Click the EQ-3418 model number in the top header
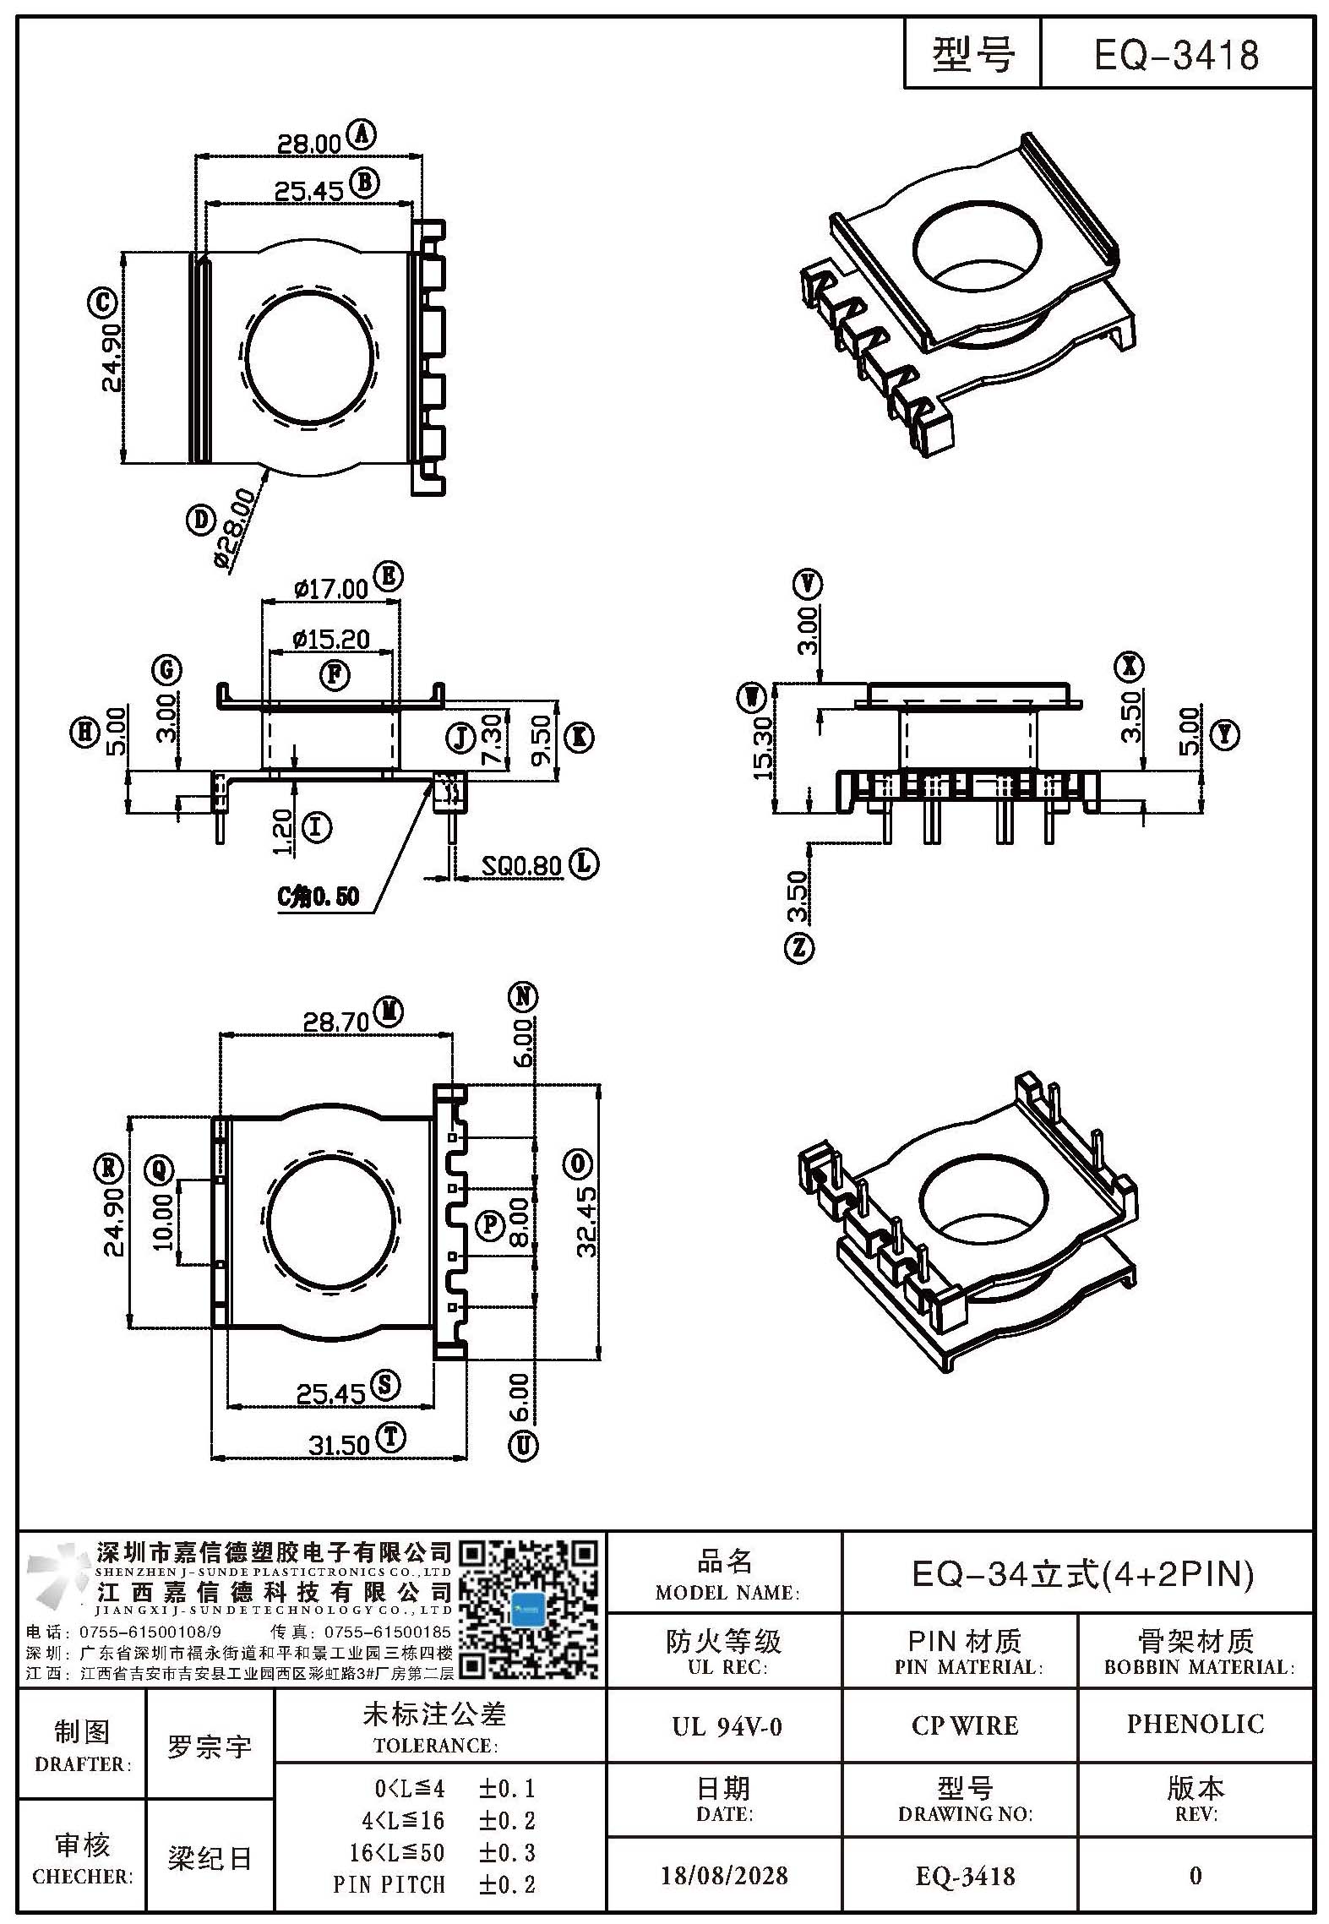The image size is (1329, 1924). tap(1176, 56)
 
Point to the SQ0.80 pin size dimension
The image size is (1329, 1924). tap(522, 865)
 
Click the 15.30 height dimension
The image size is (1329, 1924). tap(763, 747)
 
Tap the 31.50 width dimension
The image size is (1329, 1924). tap(339, 1445)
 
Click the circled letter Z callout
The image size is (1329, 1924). tap(799, 948)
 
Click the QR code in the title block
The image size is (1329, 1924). tap(529, 1611)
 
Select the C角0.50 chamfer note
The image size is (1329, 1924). tap(319, 897)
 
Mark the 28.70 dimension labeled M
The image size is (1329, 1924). tap(336, 1022)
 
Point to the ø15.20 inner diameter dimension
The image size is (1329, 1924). tap(330, 640)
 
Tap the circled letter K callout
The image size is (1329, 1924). tap(579, 738)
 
